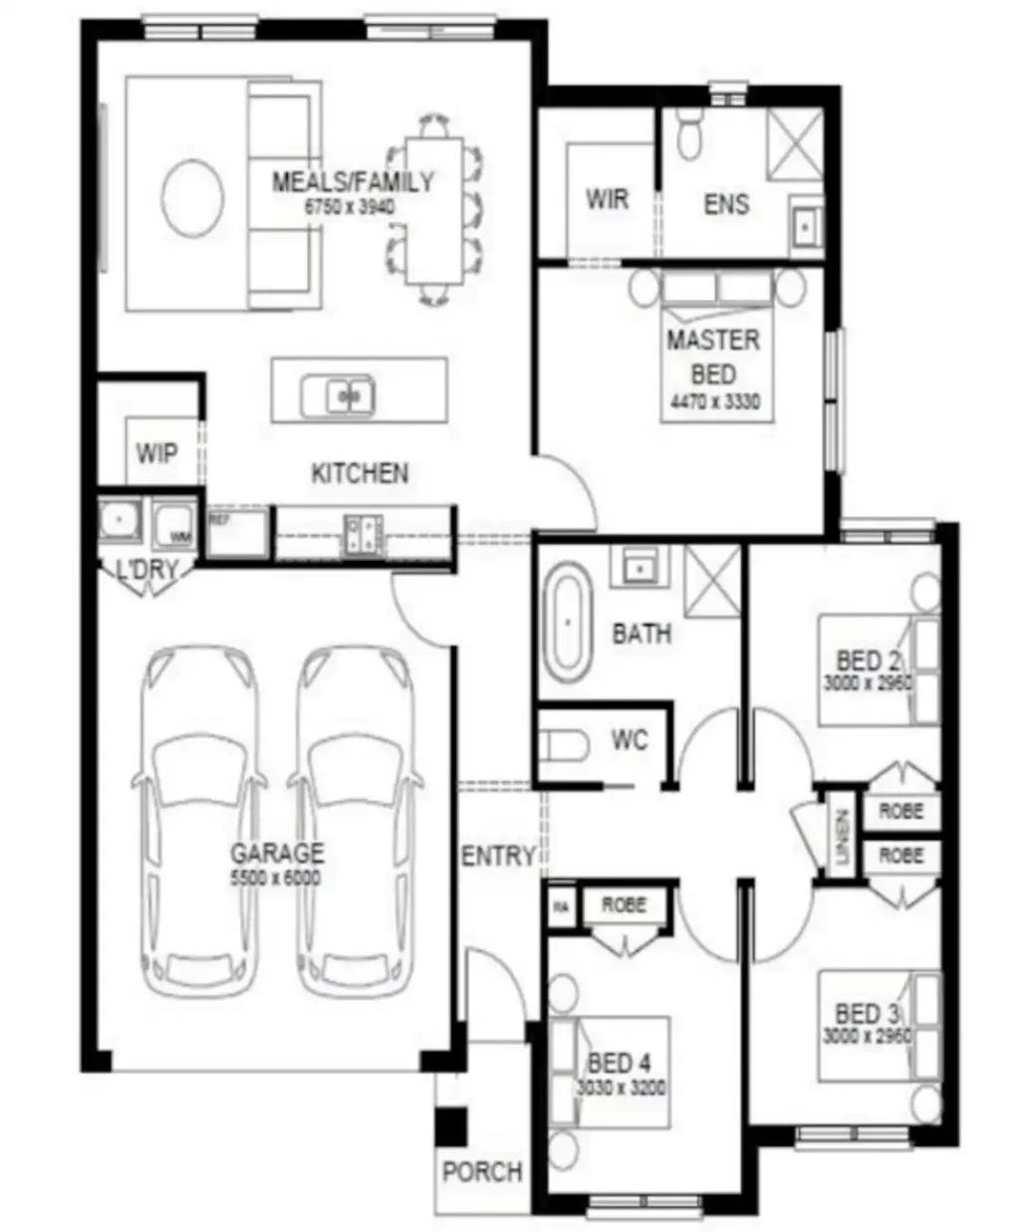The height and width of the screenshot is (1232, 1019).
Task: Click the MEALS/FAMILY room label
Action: point(353,182)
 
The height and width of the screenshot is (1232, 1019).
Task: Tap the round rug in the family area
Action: point(193,198)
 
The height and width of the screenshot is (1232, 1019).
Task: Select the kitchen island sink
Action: point(337,396)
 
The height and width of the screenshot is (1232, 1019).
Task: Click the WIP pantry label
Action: point(156,454)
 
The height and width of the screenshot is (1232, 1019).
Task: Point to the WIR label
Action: point(607,199)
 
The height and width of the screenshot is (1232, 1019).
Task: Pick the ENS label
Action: point(726,204)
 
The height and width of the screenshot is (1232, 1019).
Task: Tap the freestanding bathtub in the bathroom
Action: point(567,623)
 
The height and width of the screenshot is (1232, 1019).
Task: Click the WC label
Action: point(629,740)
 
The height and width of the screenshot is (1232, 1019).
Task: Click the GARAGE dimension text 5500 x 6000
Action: point(276,878)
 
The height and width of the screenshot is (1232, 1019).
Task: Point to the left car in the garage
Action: point(202,822)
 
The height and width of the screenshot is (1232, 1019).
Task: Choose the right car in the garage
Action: point(356,822)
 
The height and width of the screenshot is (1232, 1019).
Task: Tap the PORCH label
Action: point(482,1172)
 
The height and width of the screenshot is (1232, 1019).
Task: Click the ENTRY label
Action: point(498,856)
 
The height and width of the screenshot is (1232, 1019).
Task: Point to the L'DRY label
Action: point(147,571)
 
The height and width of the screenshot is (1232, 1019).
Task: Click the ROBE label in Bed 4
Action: point(624,904)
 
